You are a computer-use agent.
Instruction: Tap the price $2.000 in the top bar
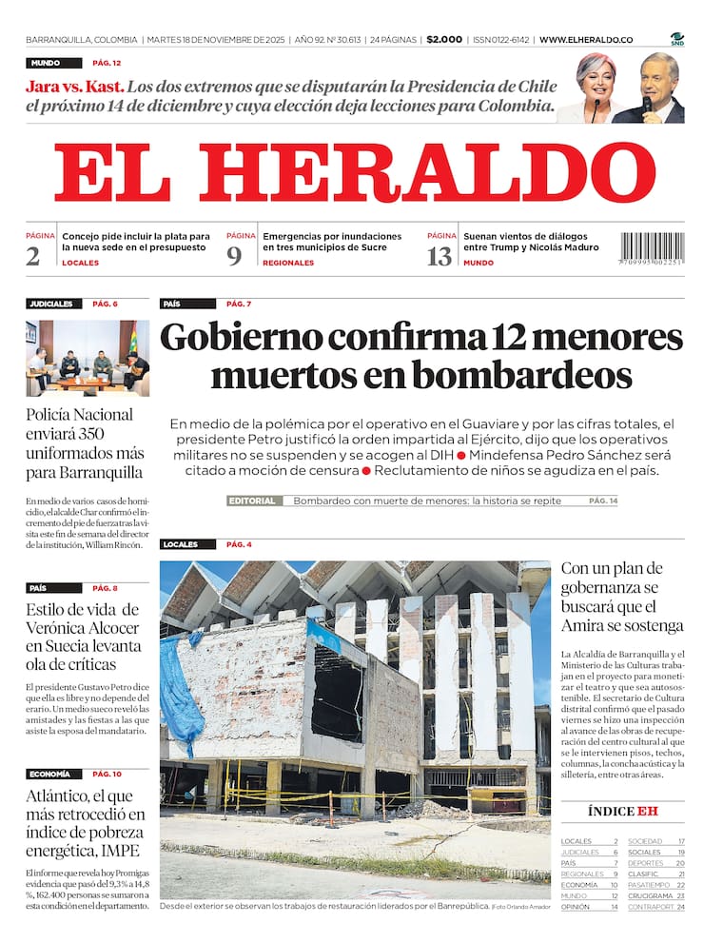coord(444,40)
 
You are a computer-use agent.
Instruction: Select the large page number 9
coord(235,256)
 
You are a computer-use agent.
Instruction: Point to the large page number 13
coord(440,256)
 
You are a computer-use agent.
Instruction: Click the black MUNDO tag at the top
coord(46,63)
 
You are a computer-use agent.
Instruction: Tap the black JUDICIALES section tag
coord(51,305)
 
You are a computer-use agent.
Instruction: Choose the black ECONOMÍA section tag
coord(49,775)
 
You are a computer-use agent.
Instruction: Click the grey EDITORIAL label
coord(254,501)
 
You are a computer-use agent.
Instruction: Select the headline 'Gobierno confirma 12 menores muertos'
coord(421,356)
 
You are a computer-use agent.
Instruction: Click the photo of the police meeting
coord(88,358)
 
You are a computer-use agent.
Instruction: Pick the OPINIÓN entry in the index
coord(576,907)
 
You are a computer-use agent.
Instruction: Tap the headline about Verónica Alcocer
coord(83,628)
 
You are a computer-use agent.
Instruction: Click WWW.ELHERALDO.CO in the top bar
coord(586,40)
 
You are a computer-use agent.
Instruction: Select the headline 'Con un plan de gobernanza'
coord(621,597)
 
